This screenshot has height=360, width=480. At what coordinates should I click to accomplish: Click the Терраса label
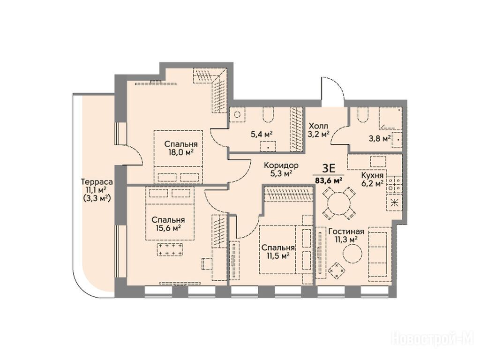(x=97, y=182)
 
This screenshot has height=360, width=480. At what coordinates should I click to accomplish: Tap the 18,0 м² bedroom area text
(x=180, y=152)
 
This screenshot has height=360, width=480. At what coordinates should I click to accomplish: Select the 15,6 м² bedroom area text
(x=168, y=228)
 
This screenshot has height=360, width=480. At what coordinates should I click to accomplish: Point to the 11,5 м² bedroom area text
(x=278, y=255)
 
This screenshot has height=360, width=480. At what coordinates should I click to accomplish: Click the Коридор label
(x=281, y=165)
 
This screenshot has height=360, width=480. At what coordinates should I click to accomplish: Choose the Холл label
(x=318, y=126)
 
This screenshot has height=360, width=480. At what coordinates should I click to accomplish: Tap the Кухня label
(x=372, y=175)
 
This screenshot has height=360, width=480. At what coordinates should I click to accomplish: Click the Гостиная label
(x=346, y=232)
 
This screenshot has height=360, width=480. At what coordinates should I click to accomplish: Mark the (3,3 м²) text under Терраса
(x=97, y=198)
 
